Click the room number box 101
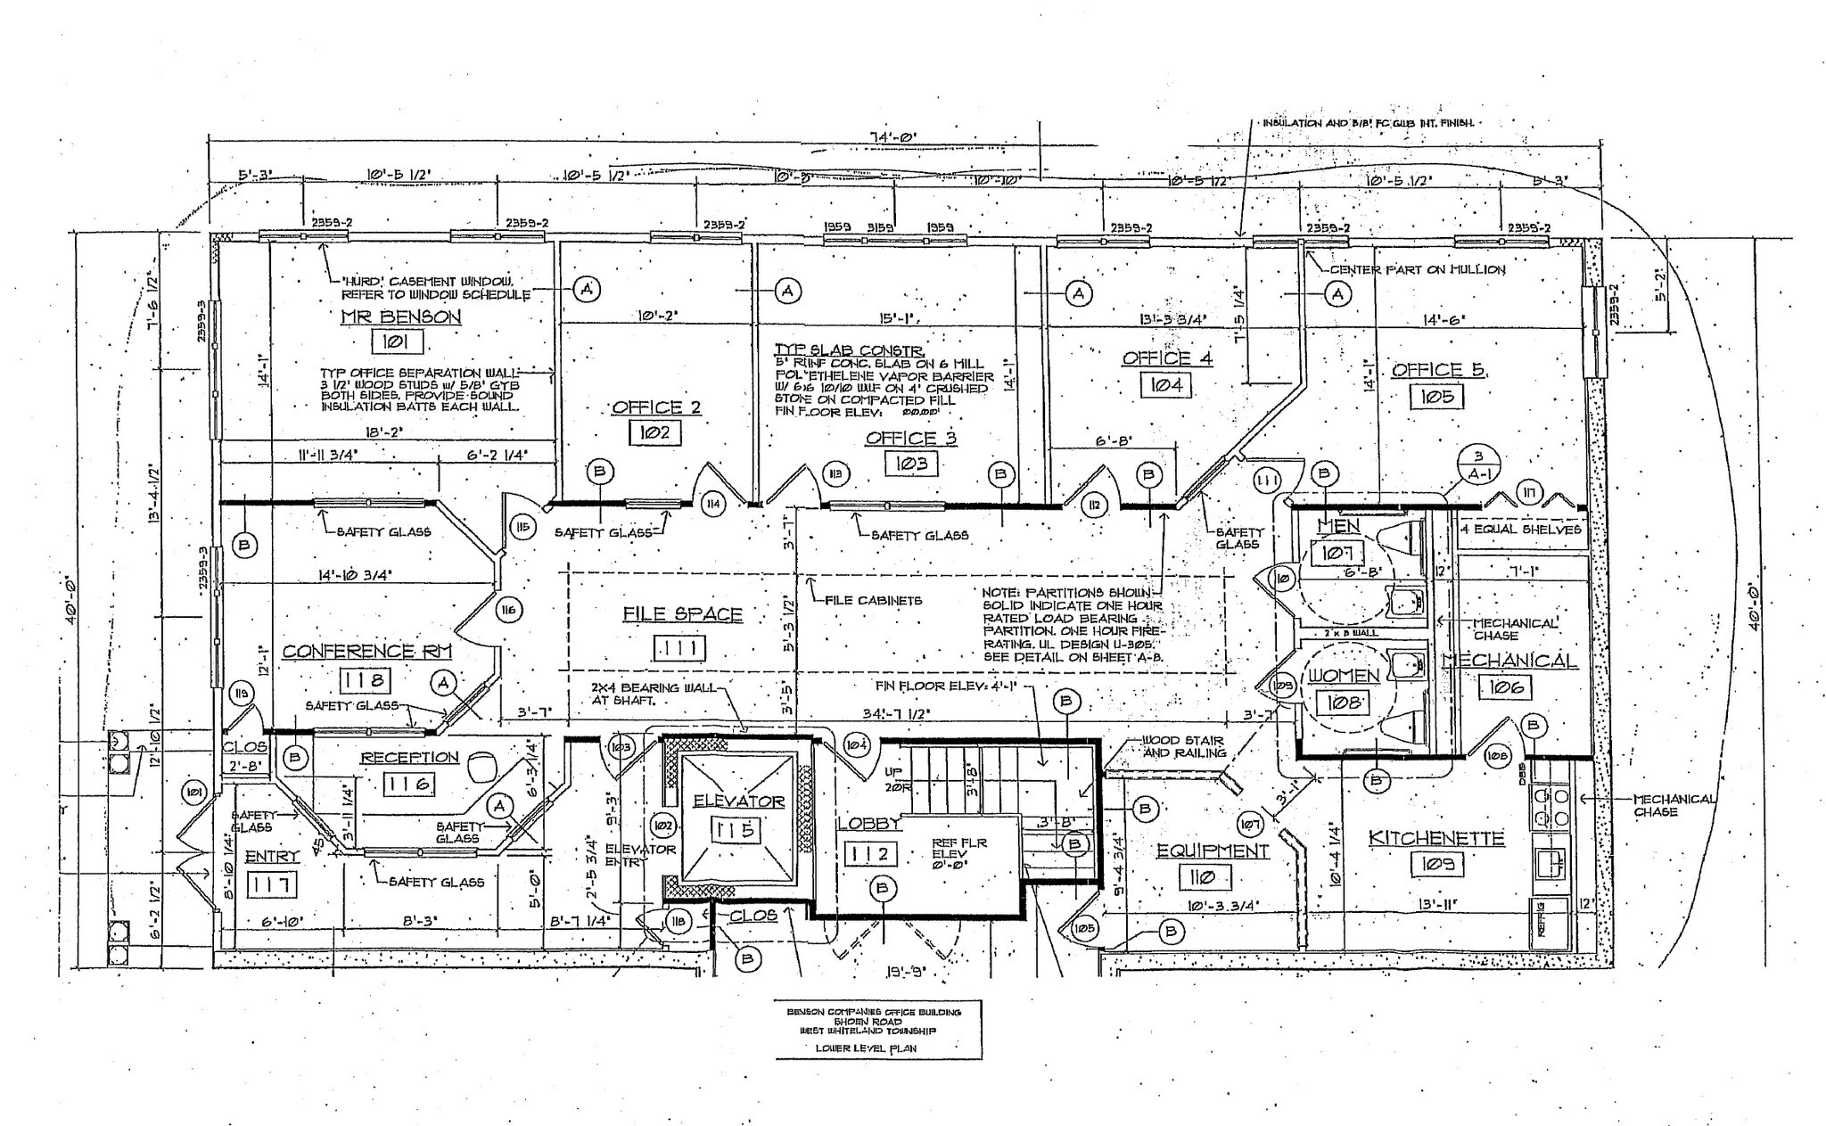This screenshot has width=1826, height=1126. click(392, 341)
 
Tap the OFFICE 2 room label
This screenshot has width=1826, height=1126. click(656, 407)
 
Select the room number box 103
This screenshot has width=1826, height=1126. click(911, 464)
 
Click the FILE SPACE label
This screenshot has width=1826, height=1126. click(682, 614)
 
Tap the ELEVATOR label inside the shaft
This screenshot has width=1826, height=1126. click(739, 801)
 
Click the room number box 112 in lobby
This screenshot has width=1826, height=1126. click(868, 854)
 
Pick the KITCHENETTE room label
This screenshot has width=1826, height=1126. click(1436, 838)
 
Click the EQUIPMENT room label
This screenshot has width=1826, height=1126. click(1213, 851)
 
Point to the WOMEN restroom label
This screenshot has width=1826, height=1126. click(1343, 676)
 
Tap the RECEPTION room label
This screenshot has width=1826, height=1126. click(409, 758)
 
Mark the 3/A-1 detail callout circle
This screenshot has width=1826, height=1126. click(1477, 466)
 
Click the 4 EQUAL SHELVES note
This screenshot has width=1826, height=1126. click(1520, 530)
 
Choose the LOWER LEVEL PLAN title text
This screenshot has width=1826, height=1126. click(866, 1048)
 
